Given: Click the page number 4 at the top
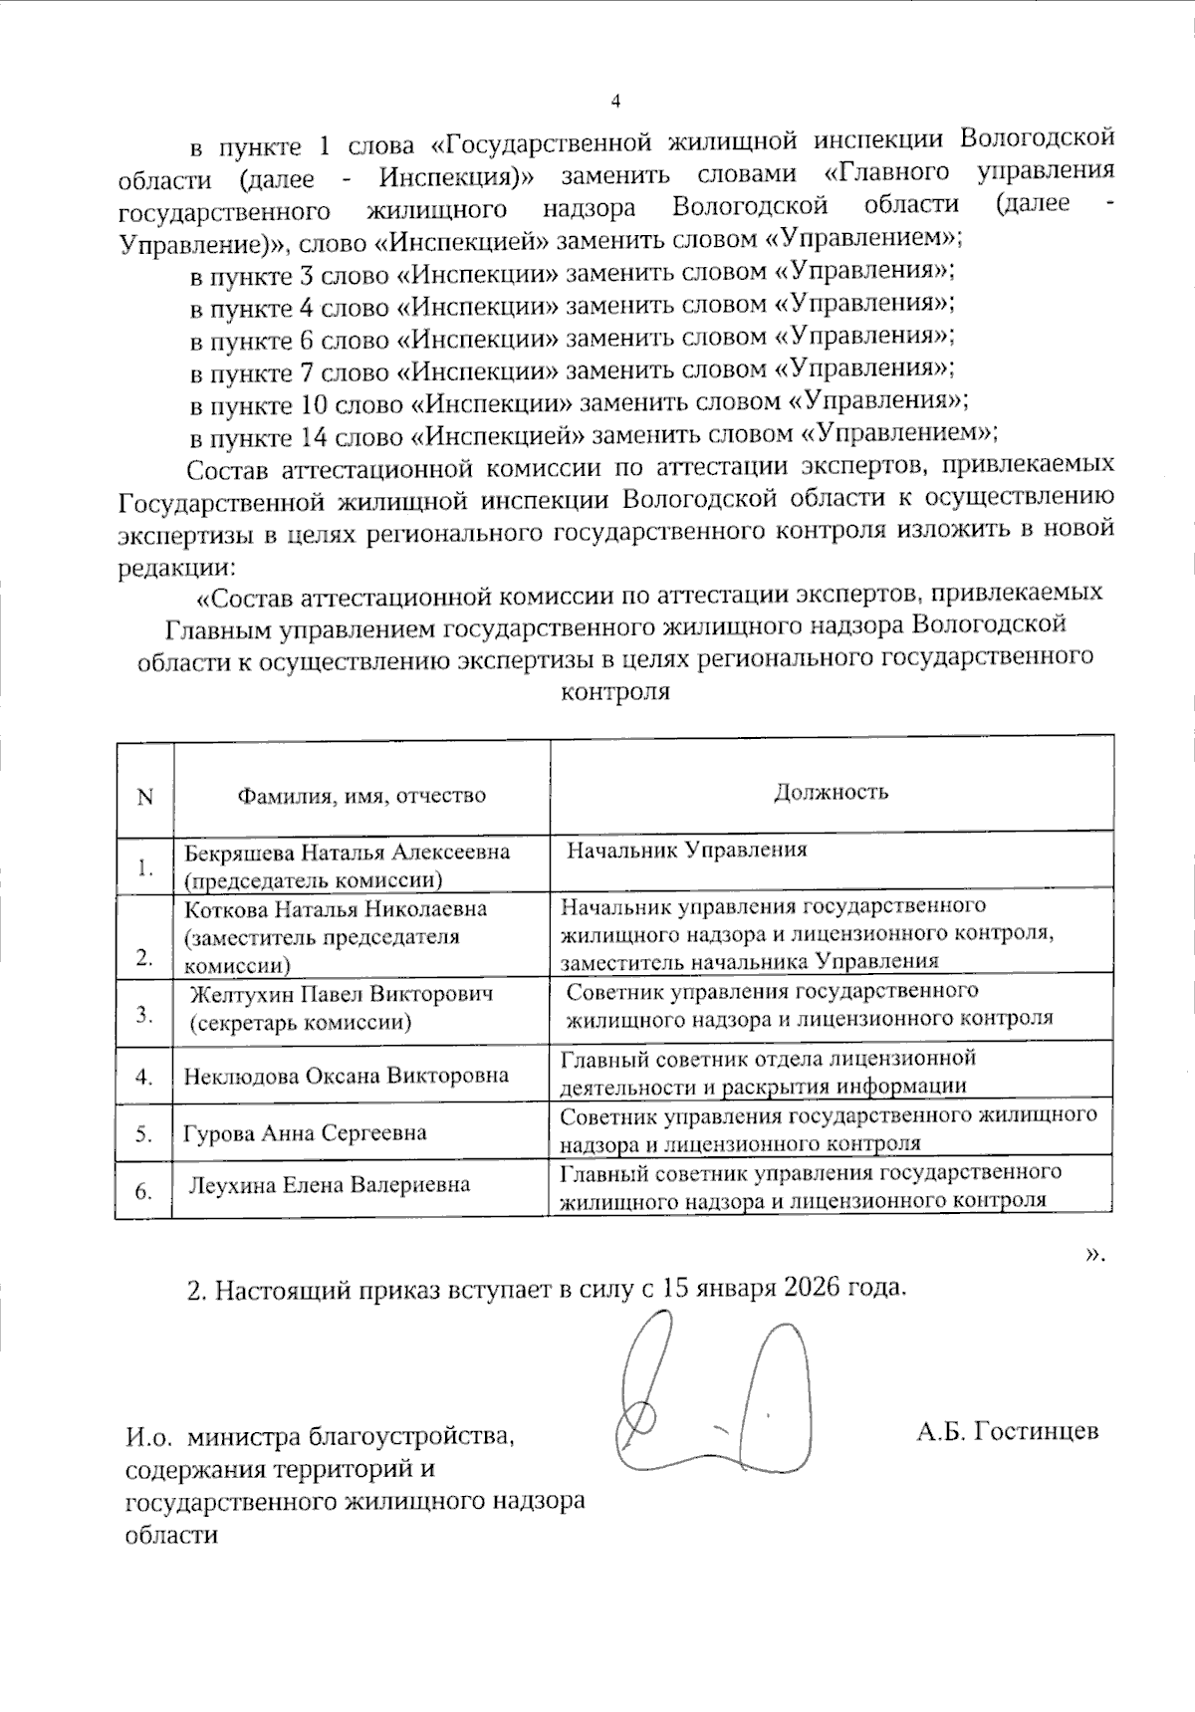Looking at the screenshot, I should click(614, 102).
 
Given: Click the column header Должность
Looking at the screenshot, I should click(831, 792).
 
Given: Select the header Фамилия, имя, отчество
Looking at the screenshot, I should click(360, 795).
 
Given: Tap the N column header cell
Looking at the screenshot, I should click(145, 797).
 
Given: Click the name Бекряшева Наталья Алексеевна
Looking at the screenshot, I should click(348, 853).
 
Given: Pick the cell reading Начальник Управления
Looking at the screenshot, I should click(687, 850).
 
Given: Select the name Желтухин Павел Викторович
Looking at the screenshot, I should click(342, 994).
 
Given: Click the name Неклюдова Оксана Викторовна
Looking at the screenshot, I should click(346, 1076).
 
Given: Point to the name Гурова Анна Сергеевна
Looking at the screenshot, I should click(305, 1133).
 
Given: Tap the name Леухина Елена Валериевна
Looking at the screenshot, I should click(330, 1185).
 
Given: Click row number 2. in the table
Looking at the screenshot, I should click(144, 958).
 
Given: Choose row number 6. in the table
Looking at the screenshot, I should click(143, 1191).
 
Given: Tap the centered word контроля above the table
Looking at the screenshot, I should click(615, 691).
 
